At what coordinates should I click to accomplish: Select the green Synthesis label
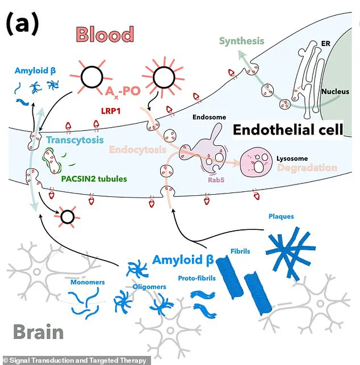[241, 41]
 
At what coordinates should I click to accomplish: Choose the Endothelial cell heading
[288, 130]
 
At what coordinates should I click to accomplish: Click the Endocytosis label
[138, 150]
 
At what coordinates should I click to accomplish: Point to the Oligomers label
[149, 287]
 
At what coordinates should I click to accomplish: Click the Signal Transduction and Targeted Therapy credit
[74, 360]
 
